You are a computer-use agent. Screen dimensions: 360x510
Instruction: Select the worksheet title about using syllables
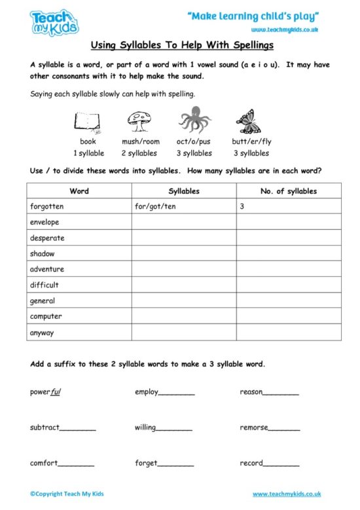[179, 46]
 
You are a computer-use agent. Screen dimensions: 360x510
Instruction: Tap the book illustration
[87, 122]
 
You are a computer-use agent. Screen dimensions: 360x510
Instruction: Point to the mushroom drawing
[140, 120]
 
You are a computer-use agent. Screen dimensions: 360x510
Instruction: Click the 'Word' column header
[79, 191]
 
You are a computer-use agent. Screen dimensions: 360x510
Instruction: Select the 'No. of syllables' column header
[288, 191]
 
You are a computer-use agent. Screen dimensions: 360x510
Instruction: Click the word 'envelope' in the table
[45, 223]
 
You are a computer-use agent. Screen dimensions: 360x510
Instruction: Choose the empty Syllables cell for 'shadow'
[183, 254]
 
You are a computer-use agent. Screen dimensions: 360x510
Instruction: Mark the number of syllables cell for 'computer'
[288, 317]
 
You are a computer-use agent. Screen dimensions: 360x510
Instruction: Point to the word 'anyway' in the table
[42, 333]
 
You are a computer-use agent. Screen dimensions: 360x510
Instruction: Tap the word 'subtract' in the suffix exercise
[45, 428]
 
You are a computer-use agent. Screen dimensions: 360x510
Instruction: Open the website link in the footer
[287, 494]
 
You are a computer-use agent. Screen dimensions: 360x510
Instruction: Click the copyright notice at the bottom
[67, 494]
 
